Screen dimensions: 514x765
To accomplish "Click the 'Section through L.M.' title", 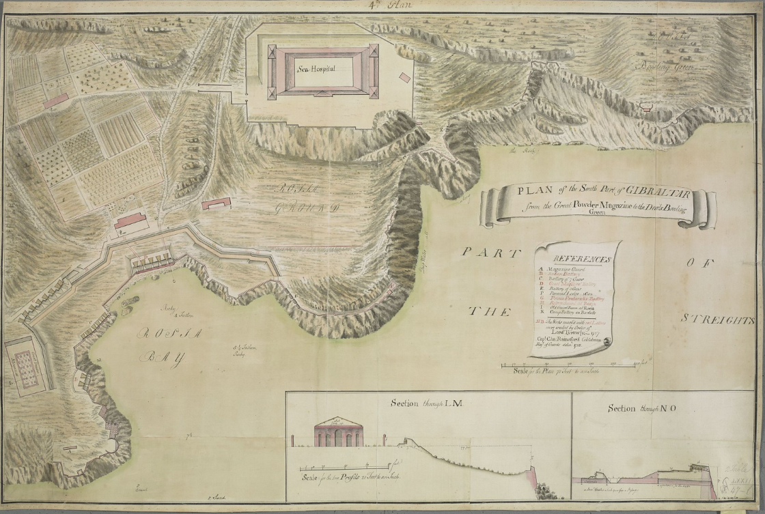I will click(427, 403).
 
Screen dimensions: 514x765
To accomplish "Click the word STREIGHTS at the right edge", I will click(717, 319).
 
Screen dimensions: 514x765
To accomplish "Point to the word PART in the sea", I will click(486, 252).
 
